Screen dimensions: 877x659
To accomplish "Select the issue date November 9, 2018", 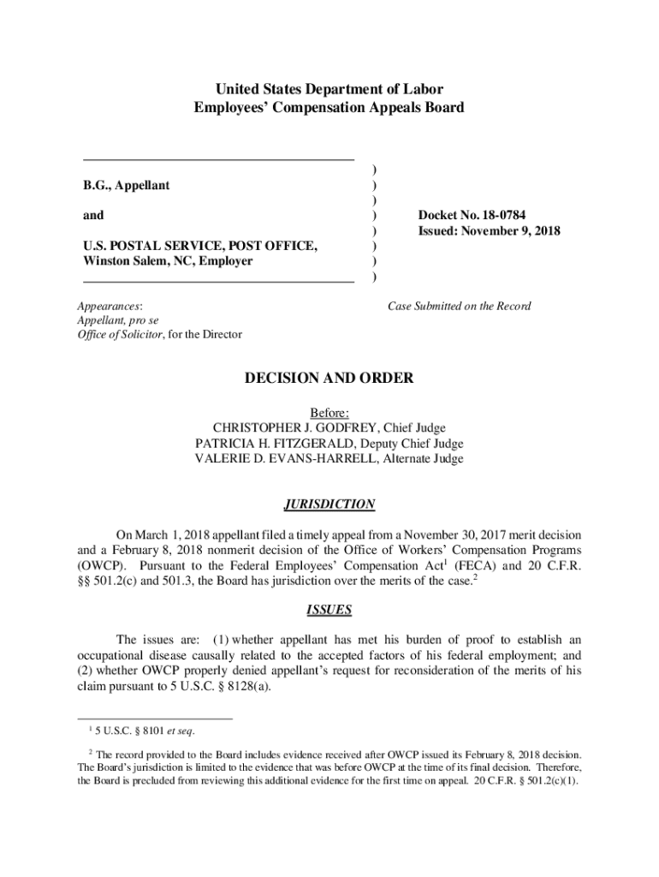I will point(512,231).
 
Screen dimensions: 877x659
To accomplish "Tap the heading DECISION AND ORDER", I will point(329,378).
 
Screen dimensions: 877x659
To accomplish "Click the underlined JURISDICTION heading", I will point(329,504).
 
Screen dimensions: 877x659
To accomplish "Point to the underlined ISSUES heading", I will point(329,610).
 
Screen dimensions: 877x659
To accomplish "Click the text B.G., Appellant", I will point(126,185).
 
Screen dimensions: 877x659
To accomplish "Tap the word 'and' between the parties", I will point(93,216).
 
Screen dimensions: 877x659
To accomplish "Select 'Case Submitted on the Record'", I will point(460,306).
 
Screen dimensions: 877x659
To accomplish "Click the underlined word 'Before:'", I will point(329,412).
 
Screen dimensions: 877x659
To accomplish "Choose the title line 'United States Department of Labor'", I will point(329,89).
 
